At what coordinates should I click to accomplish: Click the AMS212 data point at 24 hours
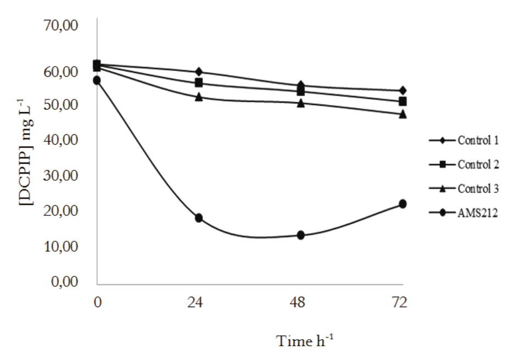[199, 218]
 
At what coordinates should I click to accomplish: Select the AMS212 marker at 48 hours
[301, 235]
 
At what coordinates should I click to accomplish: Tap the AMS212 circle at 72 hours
[403, 204]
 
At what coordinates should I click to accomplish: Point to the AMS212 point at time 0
[97, 80]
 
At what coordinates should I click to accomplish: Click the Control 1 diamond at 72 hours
[403, 91]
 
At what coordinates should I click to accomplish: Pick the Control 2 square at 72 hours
[403, 102]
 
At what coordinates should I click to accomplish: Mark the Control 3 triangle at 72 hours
[403, 114]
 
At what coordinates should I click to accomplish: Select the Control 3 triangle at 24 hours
[199, 97]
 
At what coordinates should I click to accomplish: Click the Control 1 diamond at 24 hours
[199, 72]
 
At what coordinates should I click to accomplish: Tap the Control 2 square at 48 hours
[301, 91]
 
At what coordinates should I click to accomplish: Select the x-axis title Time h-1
[305, 341]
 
